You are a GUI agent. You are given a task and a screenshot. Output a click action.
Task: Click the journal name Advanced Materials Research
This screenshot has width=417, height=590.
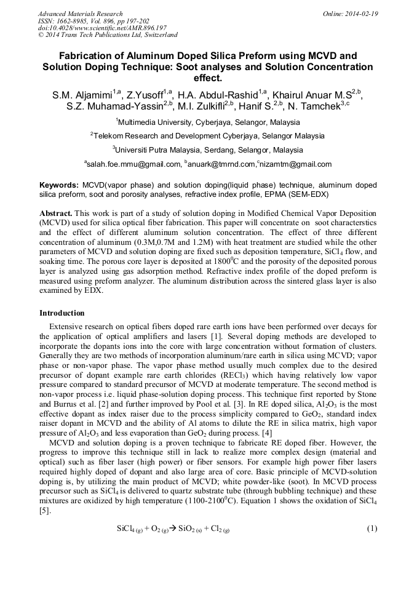80,14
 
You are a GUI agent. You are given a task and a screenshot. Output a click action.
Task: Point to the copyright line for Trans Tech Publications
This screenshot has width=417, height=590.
108,35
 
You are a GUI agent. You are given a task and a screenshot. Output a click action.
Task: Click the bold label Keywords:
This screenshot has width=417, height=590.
59,185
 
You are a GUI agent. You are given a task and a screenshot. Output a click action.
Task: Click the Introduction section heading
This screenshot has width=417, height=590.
62,313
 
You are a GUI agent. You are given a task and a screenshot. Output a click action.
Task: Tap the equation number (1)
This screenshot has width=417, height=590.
371,529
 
